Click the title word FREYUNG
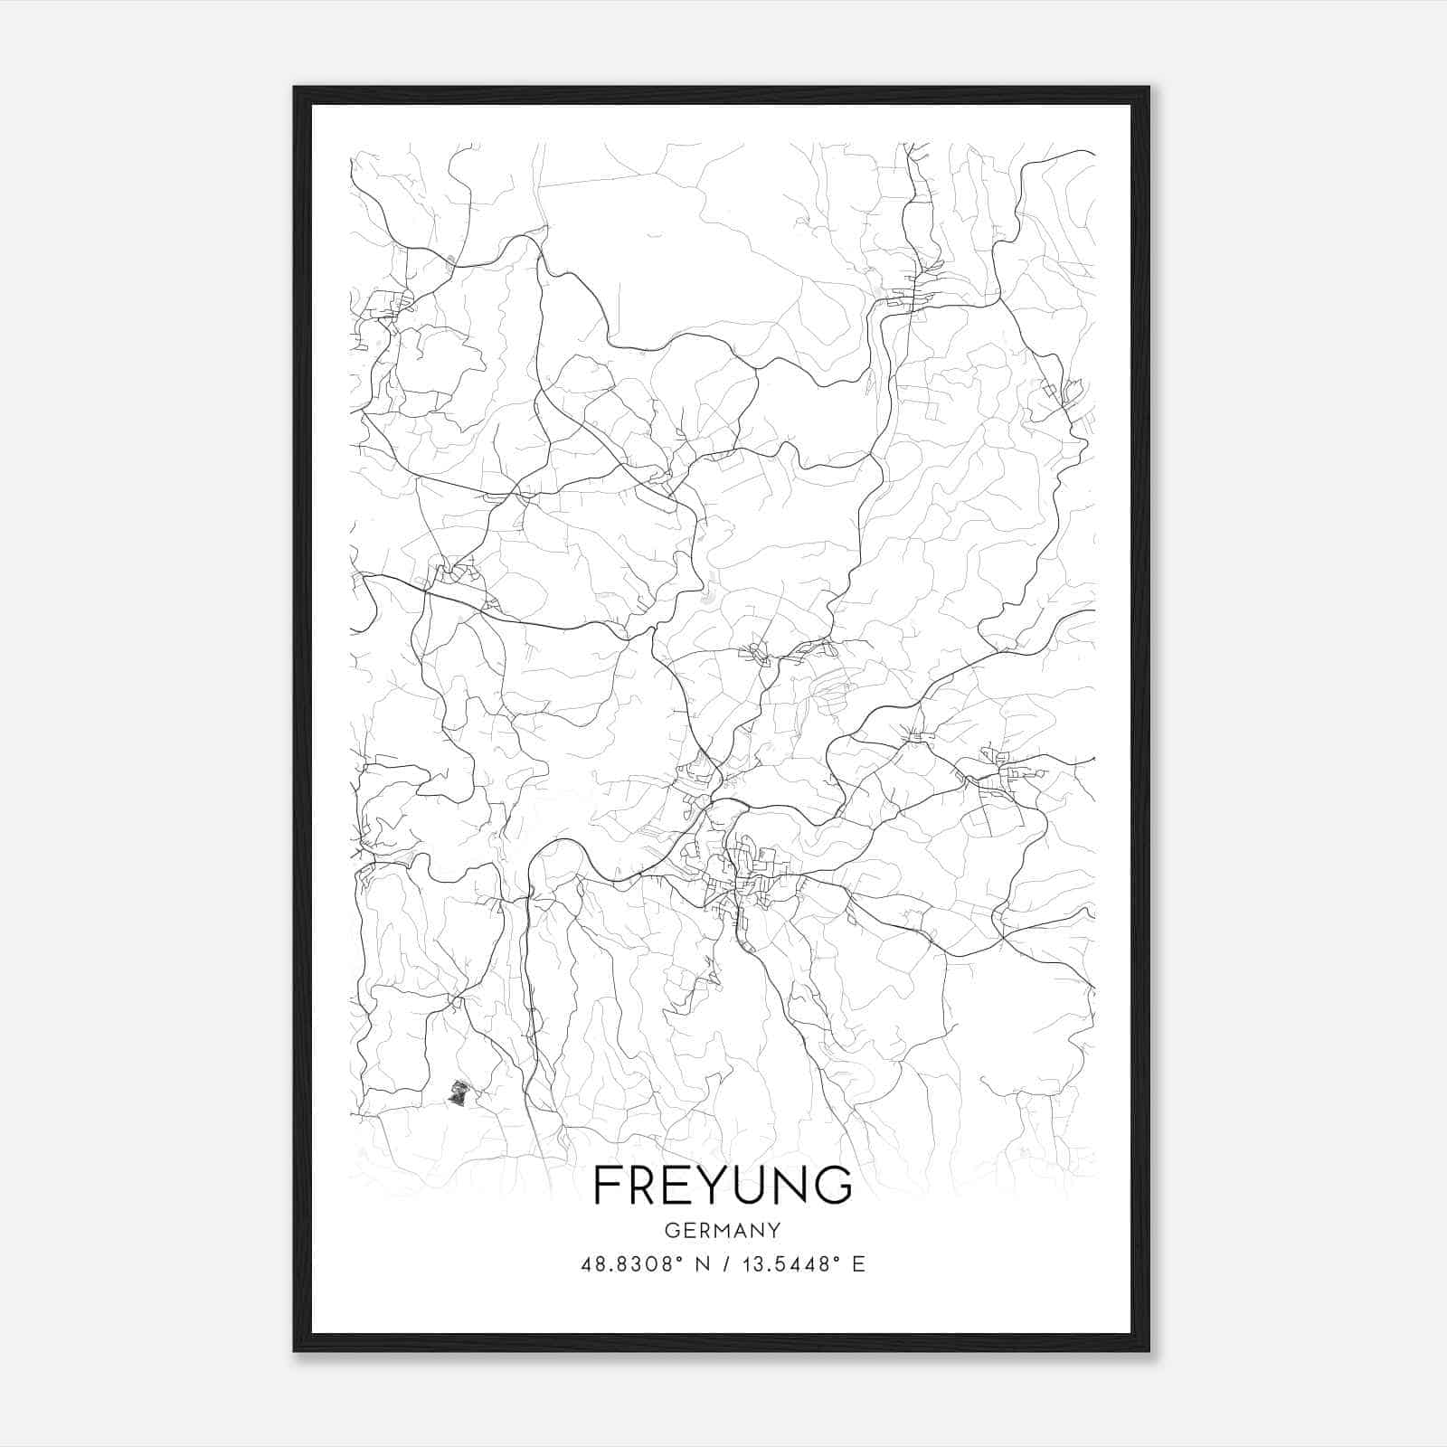pyautogui.click(x=723, y=1185)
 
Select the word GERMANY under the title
pyautogui.click(x=723, y=1230)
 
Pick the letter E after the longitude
pyautogui.click(x=858, y=1264)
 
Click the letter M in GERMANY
pyautogui.click(x=720, y=1230)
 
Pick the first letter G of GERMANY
pyautogui.click(x=671, y=1230)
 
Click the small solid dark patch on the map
pyautogui.click(x=459, y=1092)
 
